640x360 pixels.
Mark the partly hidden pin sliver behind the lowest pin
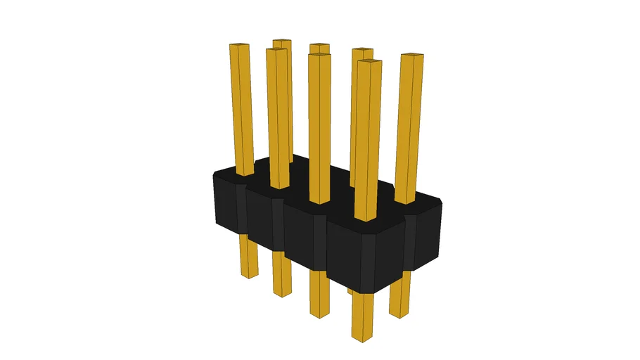tap(350, 290)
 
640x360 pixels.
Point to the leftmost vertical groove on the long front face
tap(242, 210)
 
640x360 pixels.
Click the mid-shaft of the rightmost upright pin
tap(408, 127)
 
